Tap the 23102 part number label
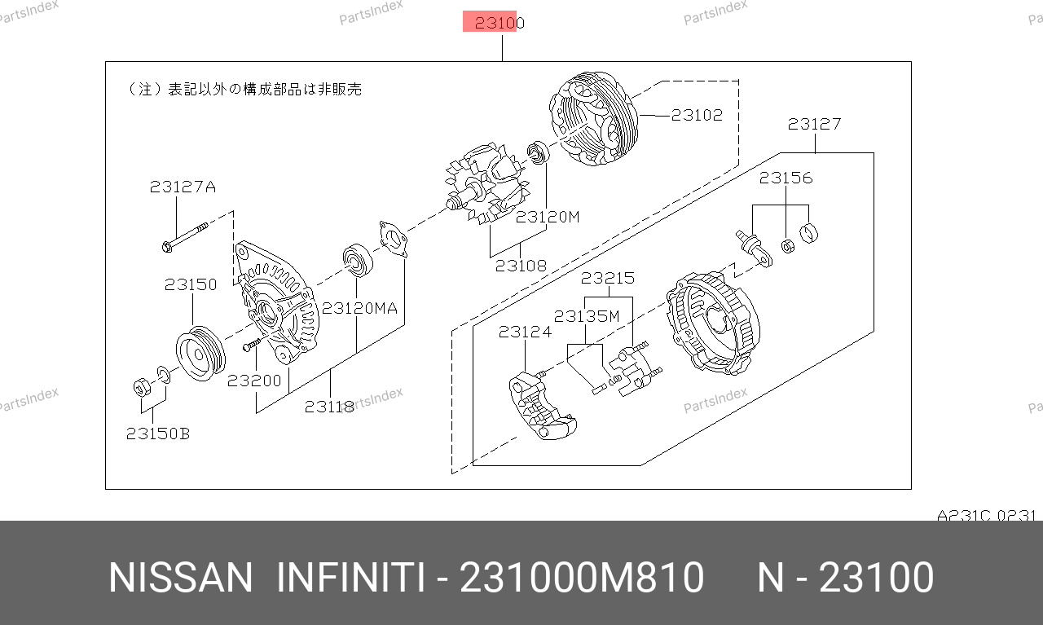point(697,115)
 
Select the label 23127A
point(183,187)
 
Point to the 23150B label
point(158,434)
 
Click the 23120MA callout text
point(359,308)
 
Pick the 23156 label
point(786,178)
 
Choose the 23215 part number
point(608,278)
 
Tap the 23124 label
point(525,332)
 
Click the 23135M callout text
point(587,316)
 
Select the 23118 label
point(330,407)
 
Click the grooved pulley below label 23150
point(200,354)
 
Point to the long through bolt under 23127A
point(185,237)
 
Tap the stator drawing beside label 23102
point(594,118)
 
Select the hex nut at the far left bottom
point(142,388)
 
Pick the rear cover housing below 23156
point(713,324)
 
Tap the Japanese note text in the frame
point(245,89)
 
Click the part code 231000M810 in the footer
point(582,578)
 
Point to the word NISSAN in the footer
point(181,578)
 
